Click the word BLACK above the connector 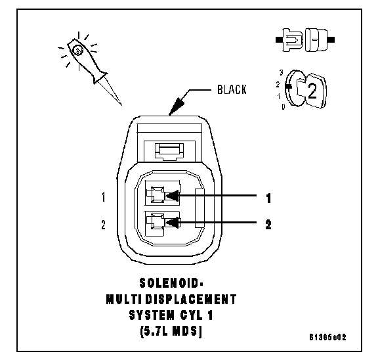[x=232, y=89]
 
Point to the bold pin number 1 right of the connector [x=268, y=198]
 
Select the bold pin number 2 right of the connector [x=268, y=225]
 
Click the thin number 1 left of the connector [x=104, y=197]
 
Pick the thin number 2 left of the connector [x=104, y=225]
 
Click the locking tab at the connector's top [x=169, y=152]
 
